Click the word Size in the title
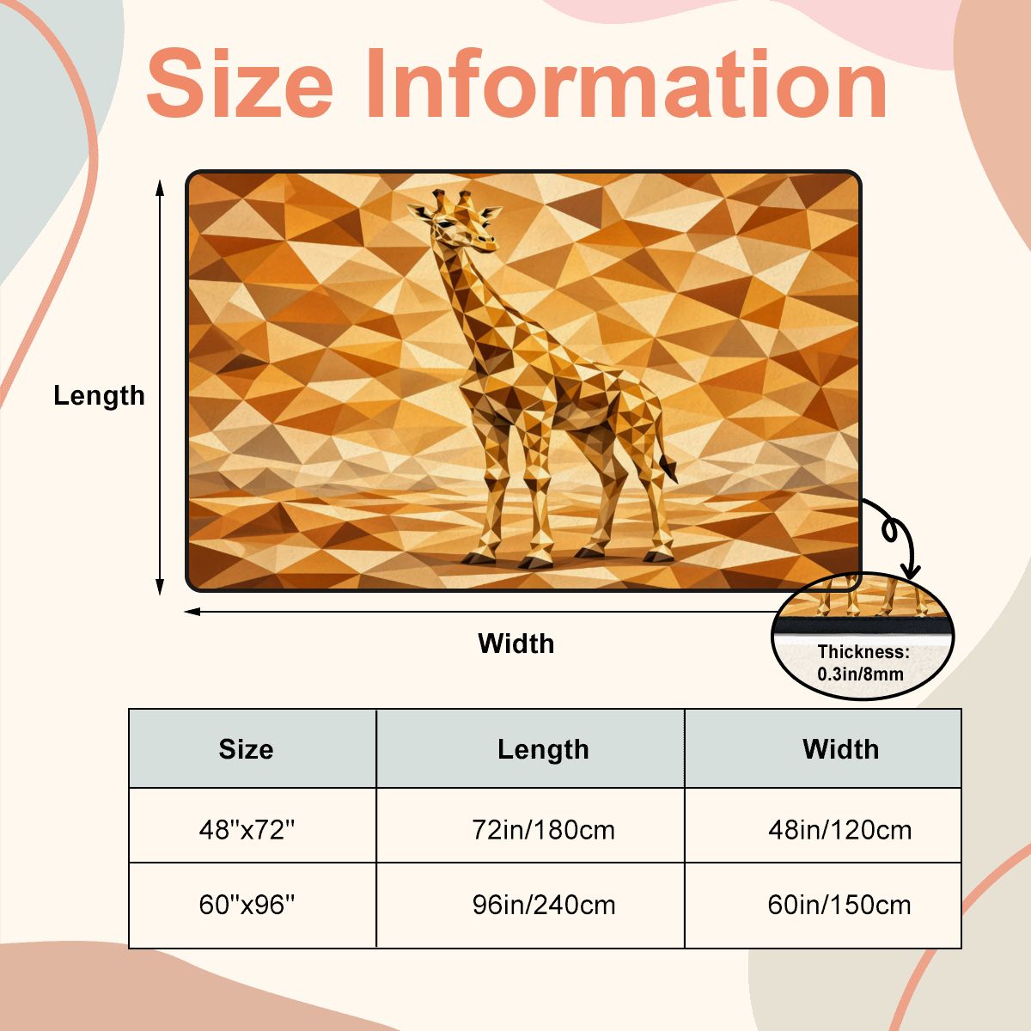(x=240, y=83)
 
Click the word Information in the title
(x=626, y=83)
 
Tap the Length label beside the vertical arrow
(x=99, y=397)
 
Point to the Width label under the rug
(x=515, y=644)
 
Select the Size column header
(x=246, y=749)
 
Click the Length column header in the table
(x=543, y=749)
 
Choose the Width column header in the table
(x=840, y=749)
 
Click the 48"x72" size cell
(x=247, y=830)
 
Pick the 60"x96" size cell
(x=247, y=906)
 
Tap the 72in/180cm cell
(x=543, y=830)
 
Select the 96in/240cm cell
(x=544, y=906)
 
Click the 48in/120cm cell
(x=840, y=830)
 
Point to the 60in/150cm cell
(x=839, y=906)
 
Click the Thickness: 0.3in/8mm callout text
(x=863, y=663)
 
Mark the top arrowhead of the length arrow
(x=160, y=188)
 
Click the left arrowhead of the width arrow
(x=192, y=612)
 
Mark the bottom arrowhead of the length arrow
(x=160, y=587)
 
